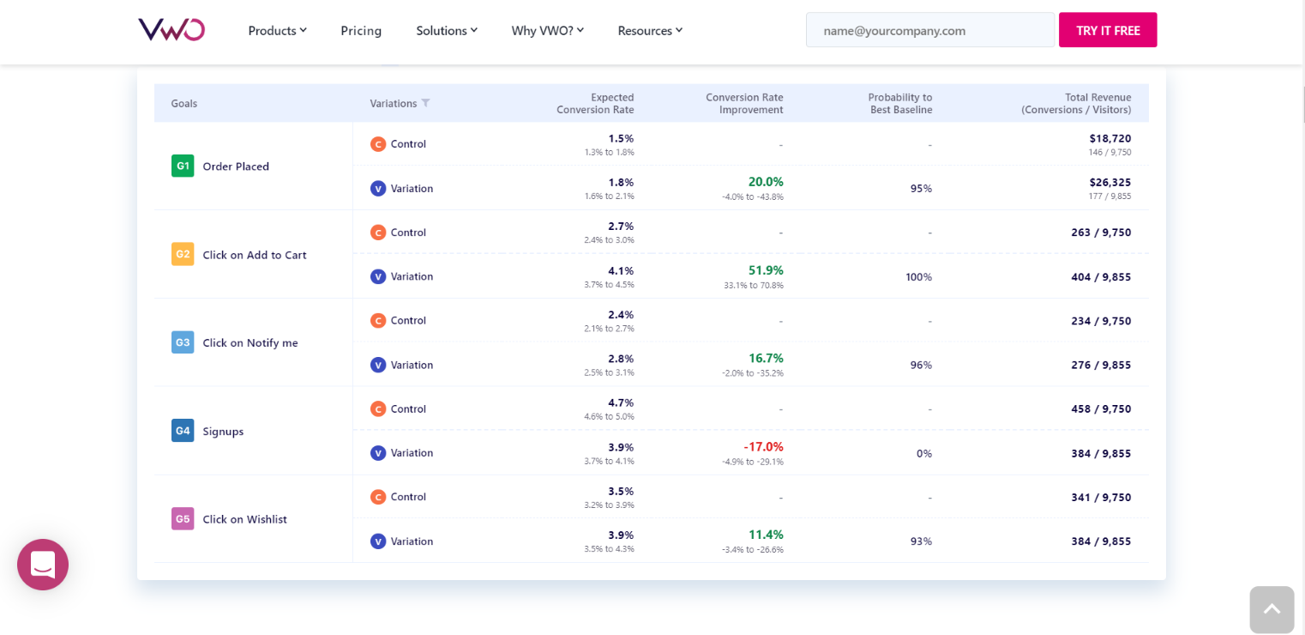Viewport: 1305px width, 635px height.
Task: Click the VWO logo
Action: click(x=171, y=30)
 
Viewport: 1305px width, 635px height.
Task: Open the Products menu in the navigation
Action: click(x=277, y=31)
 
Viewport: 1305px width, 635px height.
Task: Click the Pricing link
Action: click(x=361, y=31)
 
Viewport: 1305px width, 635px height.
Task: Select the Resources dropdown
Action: click(x=650, y=31)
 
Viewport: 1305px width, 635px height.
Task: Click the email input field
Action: click(x=929, y=30)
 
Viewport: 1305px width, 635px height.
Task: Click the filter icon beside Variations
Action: click(x=426, y=103)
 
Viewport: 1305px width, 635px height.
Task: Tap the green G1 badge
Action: click(x=183, y=166)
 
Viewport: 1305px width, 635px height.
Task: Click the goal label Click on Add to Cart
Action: click(x=254, y=255)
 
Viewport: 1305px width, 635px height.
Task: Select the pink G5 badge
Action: click(x=183, y=518)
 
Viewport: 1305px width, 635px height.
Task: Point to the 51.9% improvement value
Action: click(x=765, y=270)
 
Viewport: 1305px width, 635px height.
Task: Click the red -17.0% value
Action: click(x=763, y=446)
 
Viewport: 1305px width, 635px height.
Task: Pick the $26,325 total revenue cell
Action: click(x=1110, y=182)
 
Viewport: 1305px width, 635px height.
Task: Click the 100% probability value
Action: click(x=918, y=276)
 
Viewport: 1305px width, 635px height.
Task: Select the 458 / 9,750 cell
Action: click(x=1101, y=408)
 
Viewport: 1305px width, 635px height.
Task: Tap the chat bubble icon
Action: click(x=43, y=565)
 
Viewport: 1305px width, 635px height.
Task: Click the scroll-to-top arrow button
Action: click(x=1272, y=609)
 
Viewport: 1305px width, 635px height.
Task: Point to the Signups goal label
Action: click(x=223, y=432)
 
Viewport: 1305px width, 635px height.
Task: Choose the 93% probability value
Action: click(x=921, y=541)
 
